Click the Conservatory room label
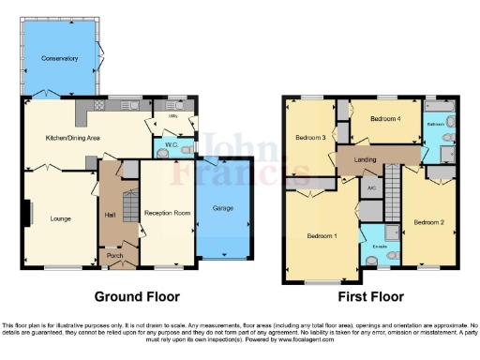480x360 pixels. coord(59,59)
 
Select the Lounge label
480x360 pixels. coord(60,219)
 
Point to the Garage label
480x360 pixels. coord(222,208)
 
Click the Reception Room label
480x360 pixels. coord(168,214)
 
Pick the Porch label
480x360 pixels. coord(114,255)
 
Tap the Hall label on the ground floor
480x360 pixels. coord(109,215)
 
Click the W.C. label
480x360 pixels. coord(171,146)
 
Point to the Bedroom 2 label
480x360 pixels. coord(428,222)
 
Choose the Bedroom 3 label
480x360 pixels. coord(310,138)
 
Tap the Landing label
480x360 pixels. coord(366,159)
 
